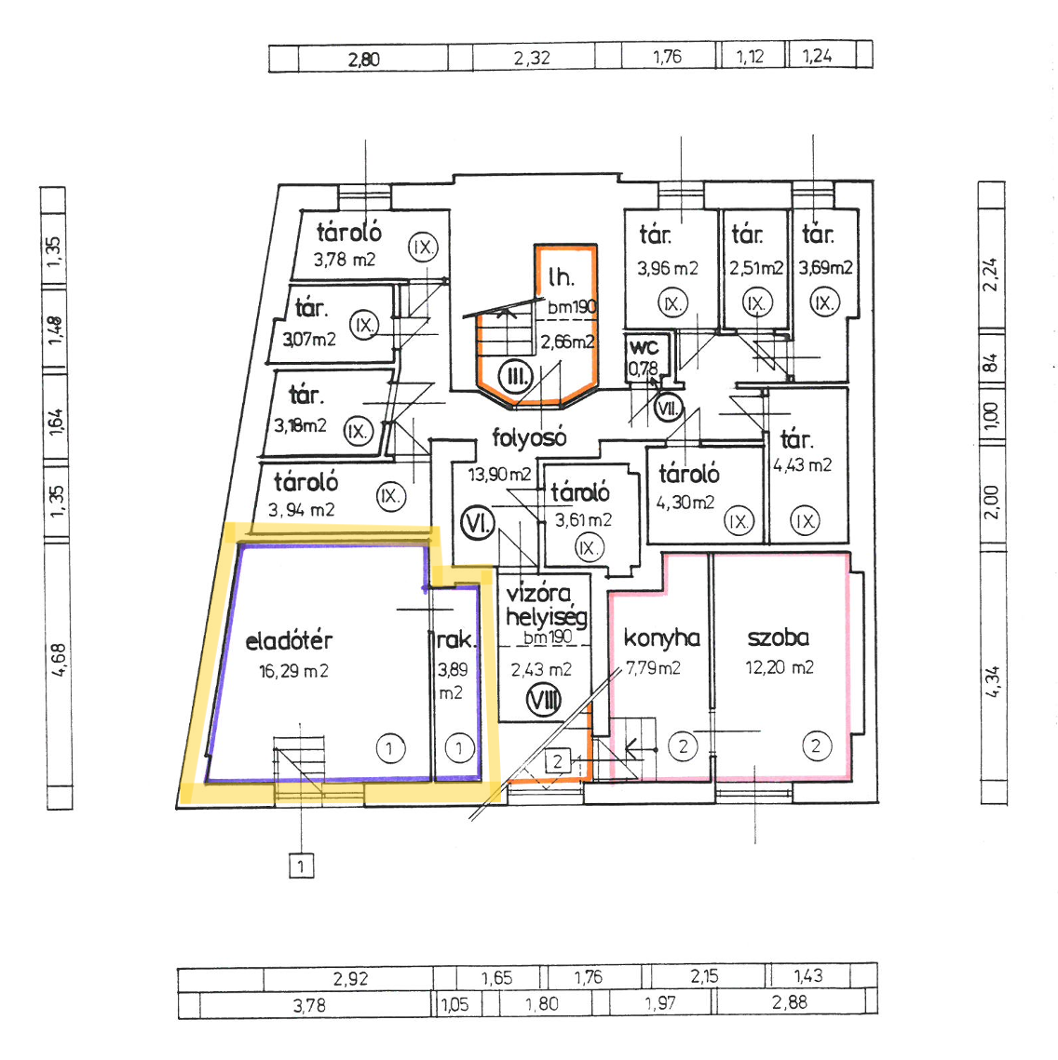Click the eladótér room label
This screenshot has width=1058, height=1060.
click(x=289, y=641)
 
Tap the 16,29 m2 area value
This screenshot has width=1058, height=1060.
click(x=293, y=671)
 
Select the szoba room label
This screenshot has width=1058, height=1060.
click(x=778, y=637)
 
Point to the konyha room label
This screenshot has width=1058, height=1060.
click(x=661, y=637)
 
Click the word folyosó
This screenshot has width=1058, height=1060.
click(x=529, y=438)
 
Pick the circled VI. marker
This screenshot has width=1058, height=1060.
click(x=478, y=524)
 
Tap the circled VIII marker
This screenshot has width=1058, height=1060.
click(x=544, y=701)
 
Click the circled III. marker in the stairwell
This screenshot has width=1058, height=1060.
click(x=515, y=377)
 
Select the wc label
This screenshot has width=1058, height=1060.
click(x=644, y=347)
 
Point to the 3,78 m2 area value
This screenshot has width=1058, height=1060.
click(x=345, y=260)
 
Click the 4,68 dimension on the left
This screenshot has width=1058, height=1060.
click(x=59, y=661)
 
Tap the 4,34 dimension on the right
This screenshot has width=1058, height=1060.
click(x=992, y=682)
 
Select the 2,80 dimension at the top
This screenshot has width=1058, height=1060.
click(x=364, y=60)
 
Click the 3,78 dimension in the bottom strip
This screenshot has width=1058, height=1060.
click(x=309, y=1006)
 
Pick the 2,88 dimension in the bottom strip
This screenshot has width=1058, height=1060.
click(x=790, y=1002)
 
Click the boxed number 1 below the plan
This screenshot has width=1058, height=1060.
click(x=301, y=866)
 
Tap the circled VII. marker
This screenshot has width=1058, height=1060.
click(x=669, y=409)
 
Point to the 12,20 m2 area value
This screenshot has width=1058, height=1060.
click(x=780, y=668)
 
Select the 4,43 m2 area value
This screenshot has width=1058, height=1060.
click(x=802, y=465)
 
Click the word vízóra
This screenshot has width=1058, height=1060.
click(x=538, y=593)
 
